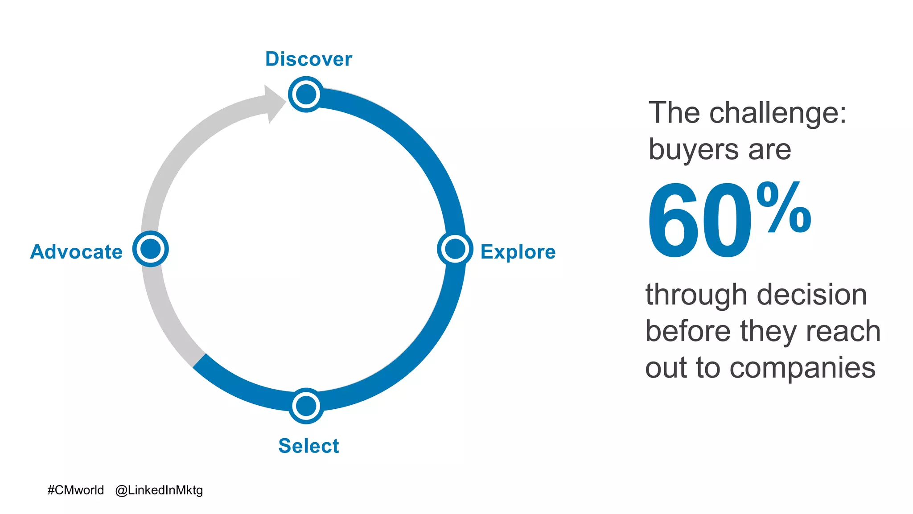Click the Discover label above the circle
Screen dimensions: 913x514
click(308, 59)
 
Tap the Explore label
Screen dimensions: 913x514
click(518, 252)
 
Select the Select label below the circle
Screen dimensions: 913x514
click(308, 446)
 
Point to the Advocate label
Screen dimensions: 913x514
click(76, 252)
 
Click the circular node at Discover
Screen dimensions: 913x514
click(306, 94)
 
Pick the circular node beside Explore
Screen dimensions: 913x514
click(455, 249)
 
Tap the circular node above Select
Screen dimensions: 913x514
click(306, 406)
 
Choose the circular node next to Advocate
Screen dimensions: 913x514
click(151, 249)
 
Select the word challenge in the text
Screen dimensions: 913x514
click(777, 113)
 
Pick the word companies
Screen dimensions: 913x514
click(802, 368)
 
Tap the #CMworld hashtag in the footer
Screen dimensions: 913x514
click(75, 490)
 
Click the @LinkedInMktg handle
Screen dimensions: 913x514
click(159, 490)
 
